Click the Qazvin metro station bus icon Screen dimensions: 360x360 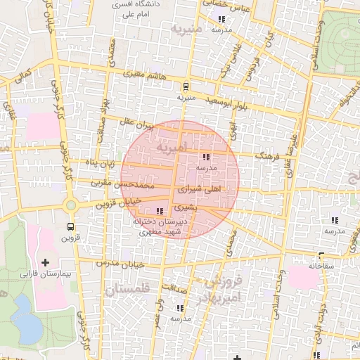pos(70,226)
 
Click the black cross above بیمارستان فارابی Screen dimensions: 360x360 pos(46,262)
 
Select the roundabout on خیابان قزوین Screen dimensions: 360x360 pos(71,205)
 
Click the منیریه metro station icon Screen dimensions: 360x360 pos(186,87)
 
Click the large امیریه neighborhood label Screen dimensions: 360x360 pos(173,148)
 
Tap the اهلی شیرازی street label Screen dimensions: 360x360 pos(201,190)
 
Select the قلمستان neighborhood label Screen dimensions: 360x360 pos(127,289)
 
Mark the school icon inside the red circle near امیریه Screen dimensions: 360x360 pos(206,157)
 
